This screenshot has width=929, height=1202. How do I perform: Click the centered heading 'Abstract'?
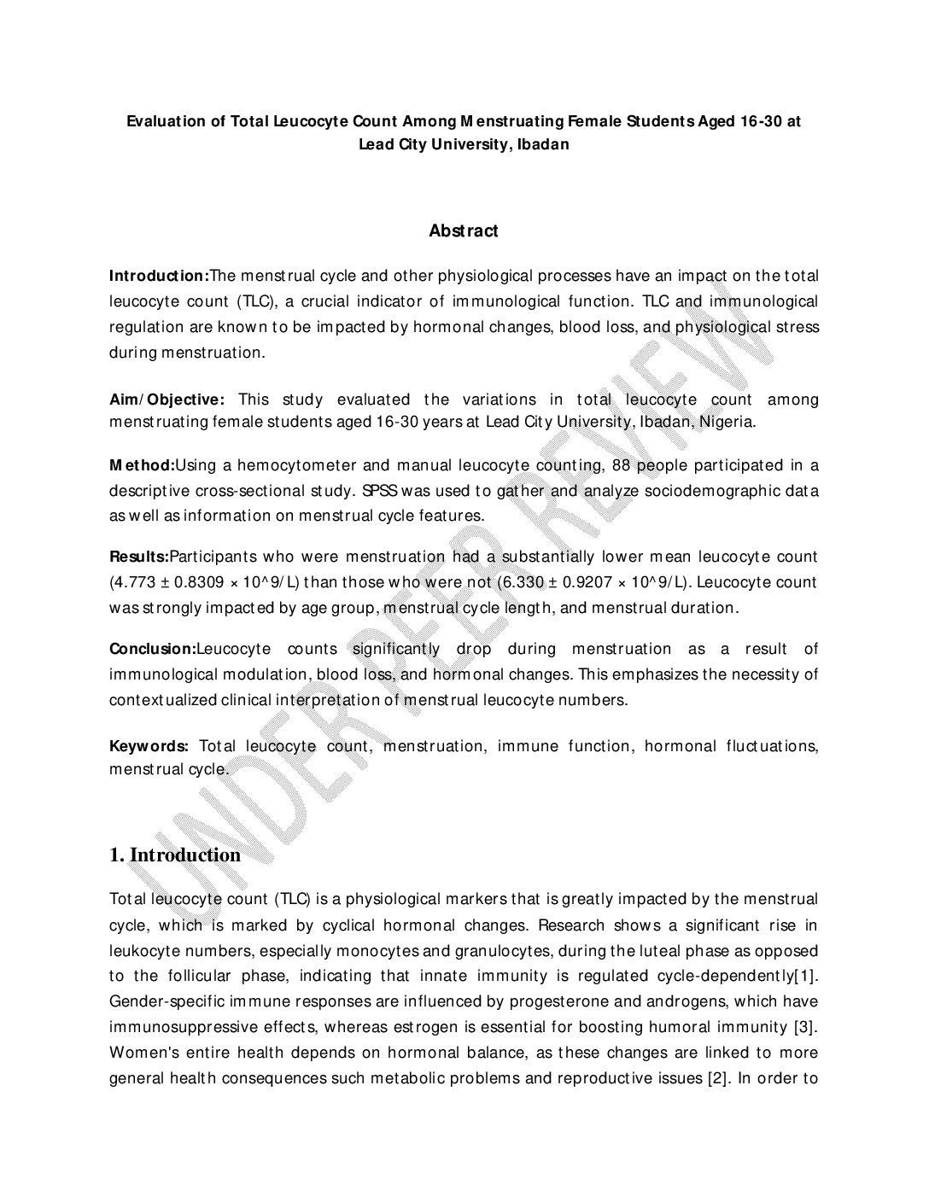click(464, 230)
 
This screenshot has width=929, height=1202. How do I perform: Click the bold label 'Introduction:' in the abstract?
click(159, 276)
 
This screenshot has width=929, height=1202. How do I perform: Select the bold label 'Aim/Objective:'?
click(167, 400)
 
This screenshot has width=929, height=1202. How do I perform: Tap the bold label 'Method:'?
click(142, 465)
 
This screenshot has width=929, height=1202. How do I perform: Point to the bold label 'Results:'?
click(139, 557)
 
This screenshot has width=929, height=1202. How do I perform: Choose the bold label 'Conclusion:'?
click(153, 649)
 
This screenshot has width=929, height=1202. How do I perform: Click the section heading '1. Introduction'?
click(175, 855)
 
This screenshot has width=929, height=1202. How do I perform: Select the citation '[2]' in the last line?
click(717, 1078)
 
